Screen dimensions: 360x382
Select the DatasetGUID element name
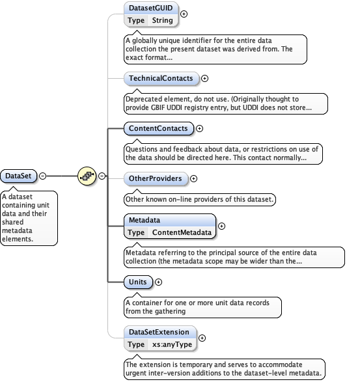151,8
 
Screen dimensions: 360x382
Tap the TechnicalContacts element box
161,79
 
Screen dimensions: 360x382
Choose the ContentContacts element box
158,129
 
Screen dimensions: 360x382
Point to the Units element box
138,282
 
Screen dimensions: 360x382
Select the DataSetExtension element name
158,332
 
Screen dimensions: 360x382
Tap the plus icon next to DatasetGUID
184,14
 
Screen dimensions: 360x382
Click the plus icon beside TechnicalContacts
204,79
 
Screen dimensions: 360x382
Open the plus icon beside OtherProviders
193,178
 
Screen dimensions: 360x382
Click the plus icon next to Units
158,282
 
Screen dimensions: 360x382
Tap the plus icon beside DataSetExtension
202,338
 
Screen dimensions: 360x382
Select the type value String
162,20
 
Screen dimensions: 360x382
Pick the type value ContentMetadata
182,232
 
